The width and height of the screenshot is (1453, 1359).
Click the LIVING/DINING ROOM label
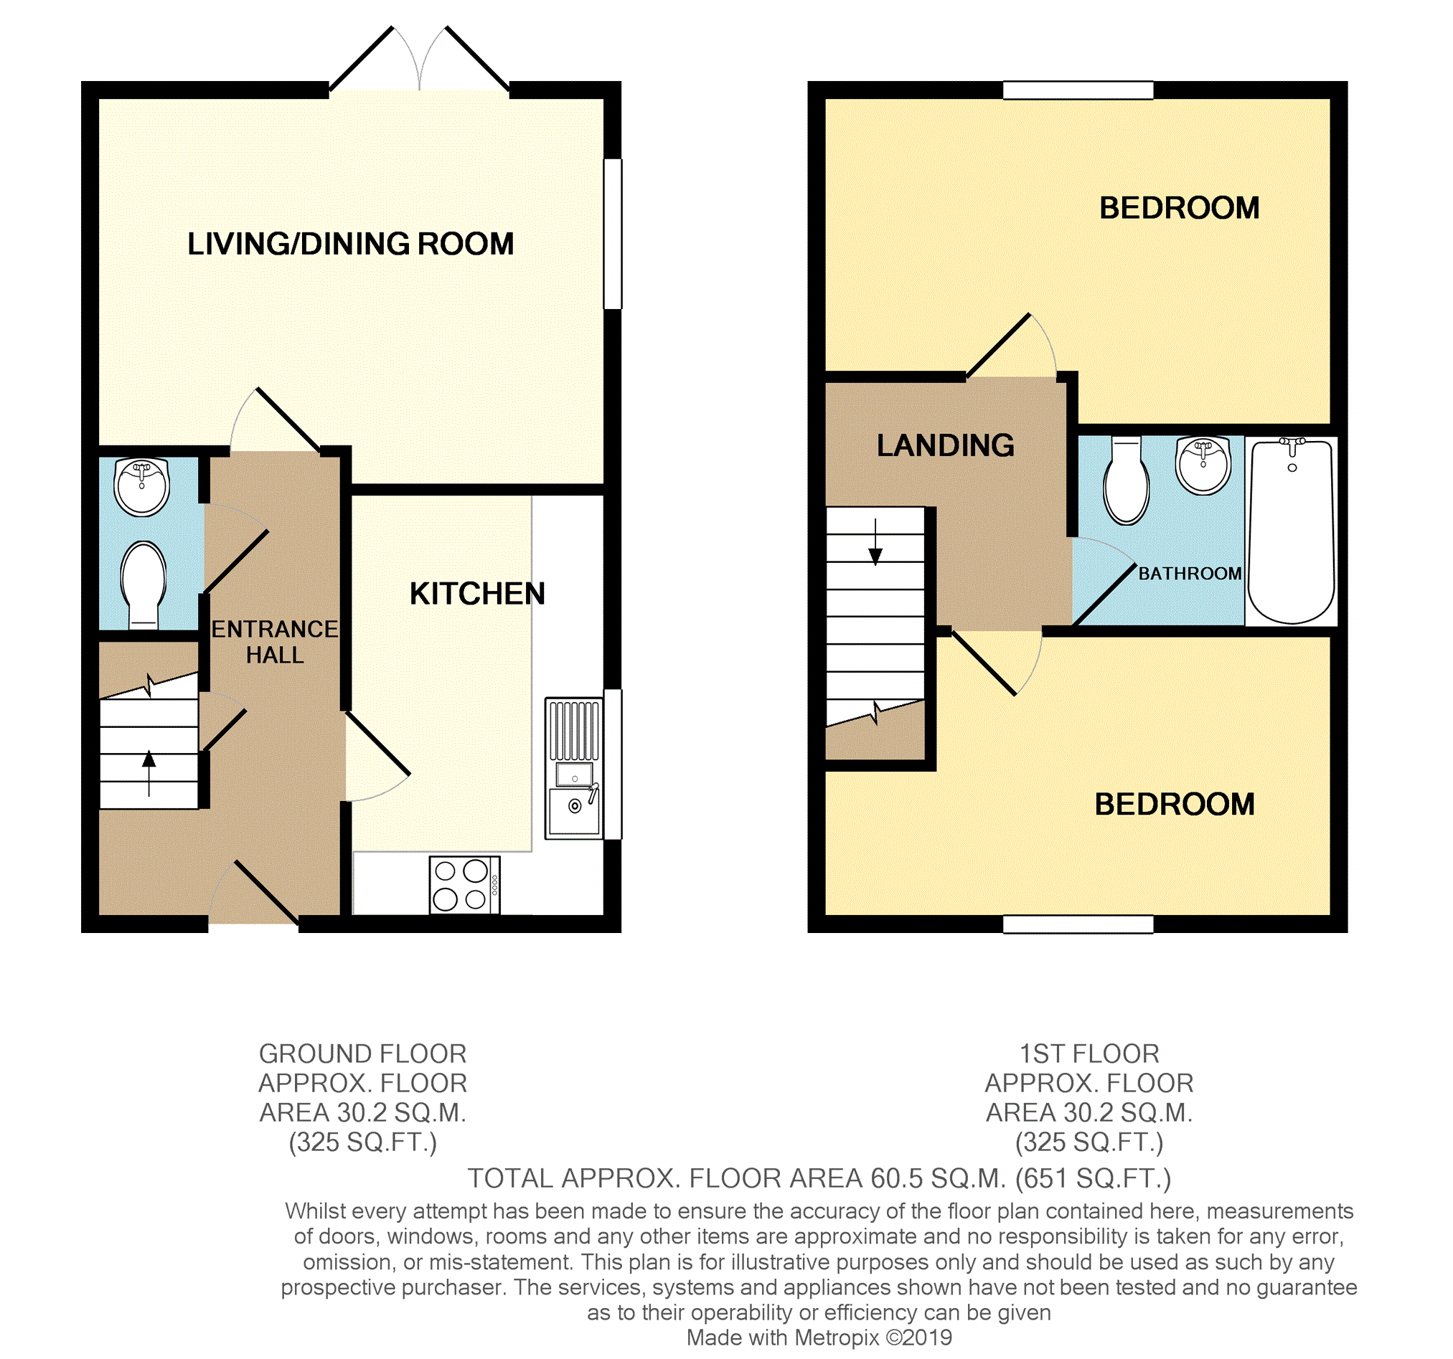pyautogui.click(x=350, y=244)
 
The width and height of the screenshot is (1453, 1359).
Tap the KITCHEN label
pyautogui.click(x=476, y=594)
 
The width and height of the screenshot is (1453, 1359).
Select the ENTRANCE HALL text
pyautogui.click(x=274, y=643)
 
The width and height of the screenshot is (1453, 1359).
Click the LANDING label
pyautogui.click(x=945, y=445)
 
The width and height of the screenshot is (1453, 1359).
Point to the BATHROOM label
pyautogui.click(x=1189, y=574)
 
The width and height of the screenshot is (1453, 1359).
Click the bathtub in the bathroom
pyautogui.click(x=1291, y=532)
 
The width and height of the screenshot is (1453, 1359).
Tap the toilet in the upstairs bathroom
pyautogui.click(x=1126, y=482)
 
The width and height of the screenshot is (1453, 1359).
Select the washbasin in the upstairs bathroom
pyautogui.click(x=1203, y=465)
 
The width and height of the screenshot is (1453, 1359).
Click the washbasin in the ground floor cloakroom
pyautogui.click(x=142, y=486)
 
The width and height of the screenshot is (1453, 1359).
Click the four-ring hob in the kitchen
pyautogui.click(x=464, y=885)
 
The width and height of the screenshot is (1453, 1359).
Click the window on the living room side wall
pyautogui.click(x=613, y=234)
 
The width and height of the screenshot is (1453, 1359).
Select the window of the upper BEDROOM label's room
pyautogui.click(x=1077, y=90)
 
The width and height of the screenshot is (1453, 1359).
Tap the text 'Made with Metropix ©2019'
pyautogui.click(x=819, y=1337)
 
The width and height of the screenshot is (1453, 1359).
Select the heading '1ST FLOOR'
pyautogui.click(x=1088, y=1053)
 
